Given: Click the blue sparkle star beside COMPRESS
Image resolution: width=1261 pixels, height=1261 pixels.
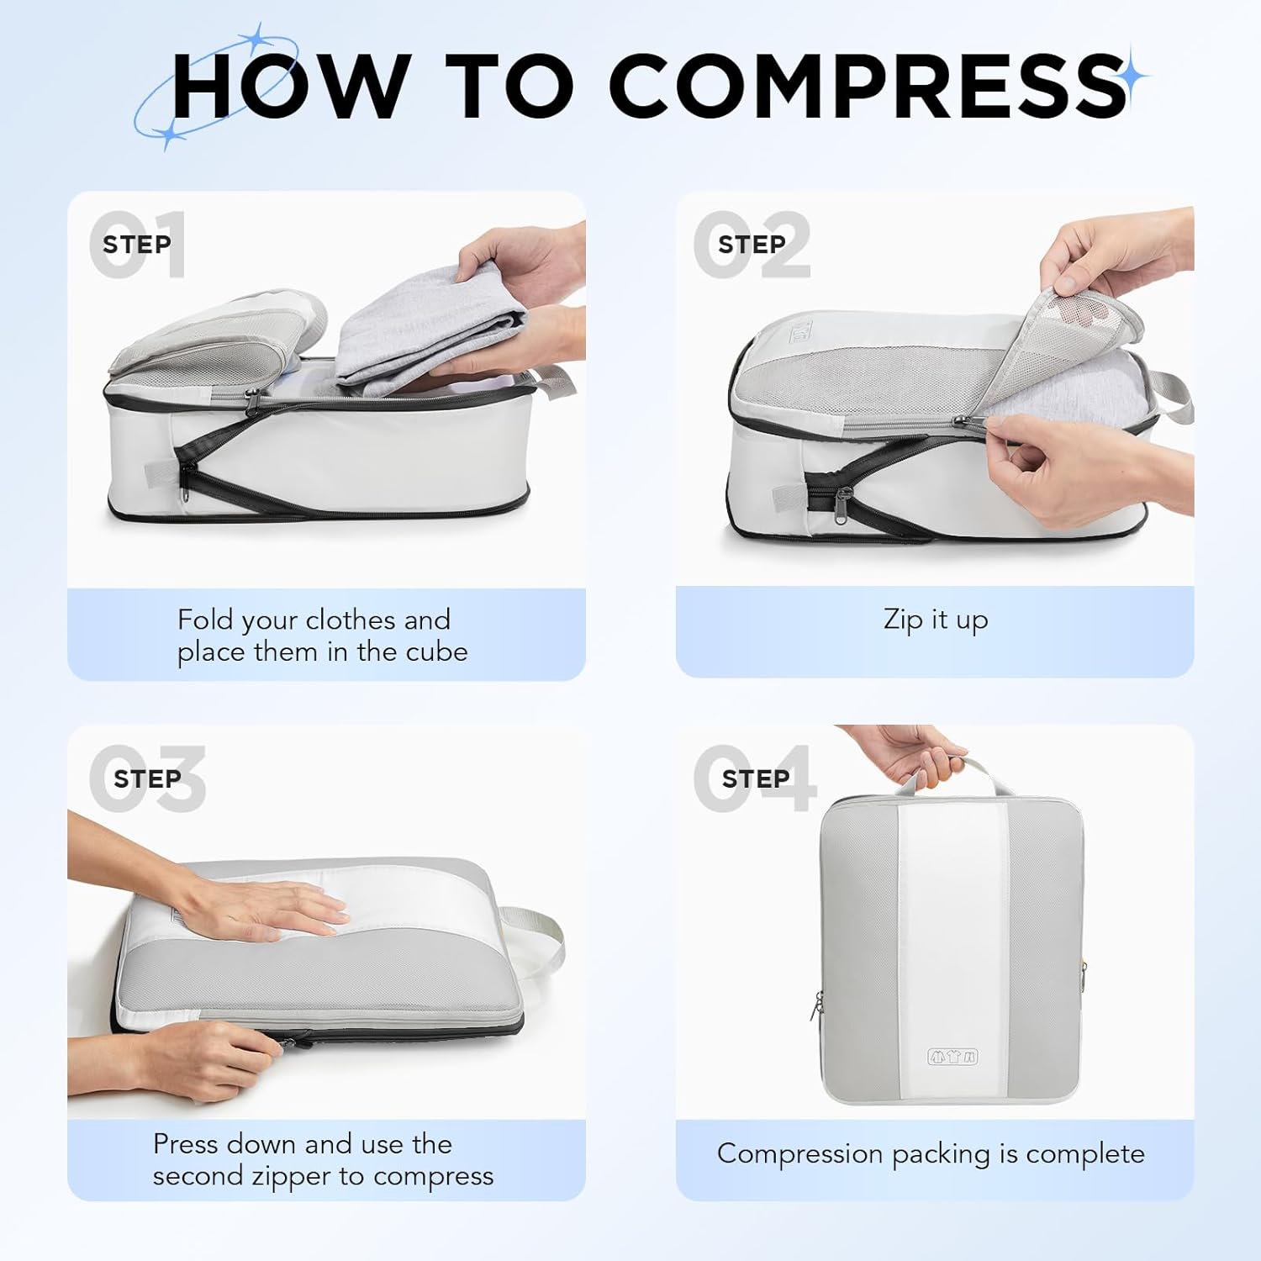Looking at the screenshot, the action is [x=1134, y=77].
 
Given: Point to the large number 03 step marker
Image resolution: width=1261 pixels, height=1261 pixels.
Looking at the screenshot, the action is [x=147, y=778].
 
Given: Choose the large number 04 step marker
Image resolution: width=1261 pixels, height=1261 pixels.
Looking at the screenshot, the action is [x=754, y=778].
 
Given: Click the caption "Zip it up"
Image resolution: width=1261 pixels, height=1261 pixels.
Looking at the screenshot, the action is [x=936, y=620].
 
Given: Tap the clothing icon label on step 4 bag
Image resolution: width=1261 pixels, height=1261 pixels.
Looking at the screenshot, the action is [x=952, y=1056].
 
